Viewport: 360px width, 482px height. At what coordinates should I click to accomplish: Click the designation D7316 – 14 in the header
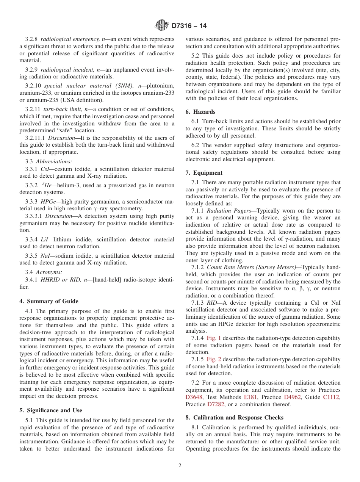point(189,26)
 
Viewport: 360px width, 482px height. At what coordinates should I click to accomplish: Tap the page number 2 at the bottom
point(180,466)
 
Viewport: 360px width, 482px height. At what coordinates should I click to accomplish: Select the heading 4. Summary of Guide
point(49,301)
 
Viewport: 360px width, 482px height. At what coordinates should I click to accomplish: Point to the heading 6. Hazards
point(200,112)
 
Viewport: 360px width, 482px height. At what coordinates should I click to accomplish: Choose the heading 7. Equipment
point(204,173)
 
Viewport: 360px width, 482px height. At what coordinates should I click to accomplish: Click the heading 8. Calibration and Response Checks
point(234,418)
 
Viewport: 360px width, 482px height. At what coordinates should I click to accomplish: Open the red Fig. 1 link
point(214,338)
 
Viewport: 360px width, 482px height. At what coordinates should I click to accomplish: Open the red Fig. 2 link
point(214,359)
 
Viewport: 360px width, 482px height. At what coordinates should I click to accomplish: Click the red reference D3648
point(194,397)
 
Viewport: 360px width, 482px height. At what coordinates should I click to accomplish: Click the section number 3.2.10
point(33,86)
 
